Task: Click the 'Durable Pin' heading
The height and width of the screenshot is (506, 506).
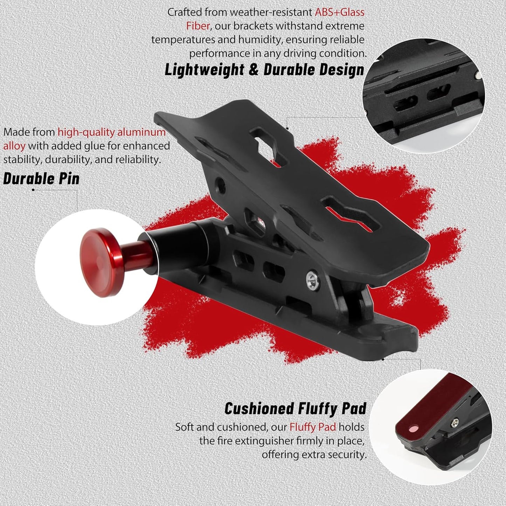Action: pos(41,179)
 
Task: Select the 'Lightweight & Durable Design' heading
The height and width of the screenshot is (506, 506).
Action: pos(264,70)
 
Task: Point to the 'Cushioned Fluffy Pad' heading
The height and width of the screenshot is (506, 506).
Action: pos(295,409)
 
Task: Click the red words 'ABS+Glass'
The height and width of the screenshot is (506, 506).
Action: pos(339,12)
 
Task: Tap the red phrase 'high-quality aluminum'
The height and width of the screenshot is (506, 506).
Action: pos(111,132)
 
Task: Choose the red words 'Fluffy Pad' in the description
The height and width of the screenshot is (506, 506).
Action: pos(312,427)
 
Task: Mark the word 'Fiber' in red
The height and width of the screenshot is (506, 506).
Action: pos(198,26)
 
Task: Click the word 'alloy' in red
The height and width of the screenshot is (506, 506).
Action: pos(14,146)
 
